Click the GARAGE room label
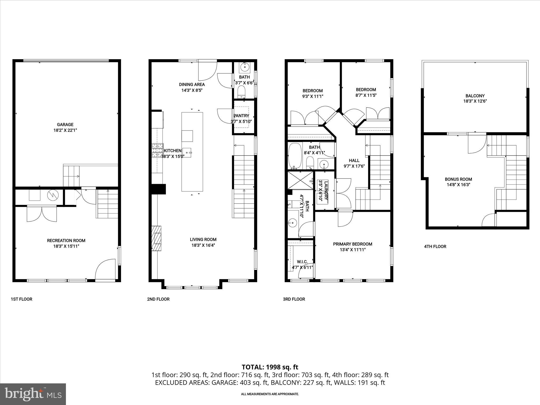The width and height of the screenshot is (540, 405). (x=65, y=124)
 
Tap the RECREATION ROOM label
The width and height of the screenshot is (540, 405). (x=66, y=240)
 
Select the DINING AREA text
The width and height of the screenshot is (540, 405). (x=192, y=84)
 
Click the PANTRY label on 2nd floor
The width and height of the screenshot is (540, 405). (x=241, y=116)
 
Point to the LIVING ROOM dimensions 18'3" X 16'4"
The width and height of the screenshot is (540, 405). (x=203, y=245)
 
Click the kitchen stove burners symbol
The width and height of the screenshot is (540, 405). (x=157, y=150)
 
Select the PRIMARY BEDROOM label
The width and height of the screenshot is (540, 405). (x=353, y=244)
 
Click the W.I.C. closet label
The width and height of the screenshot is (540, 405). (x=302, y=262)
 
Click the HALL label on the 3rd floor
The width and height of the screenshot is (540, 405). (x=354, y=160)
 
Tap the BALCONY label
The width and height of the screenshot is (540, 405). (x=475, y=96)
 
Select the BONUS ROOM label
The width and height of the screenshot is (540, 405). (x=458, y=179)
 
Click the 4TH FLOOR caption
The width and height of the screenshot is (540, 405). (x=435, y=247)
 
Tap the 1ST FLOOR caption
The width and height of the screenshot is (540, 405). (x=21, y=299)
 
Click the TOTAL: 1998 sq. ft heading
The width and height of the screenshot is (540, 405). (x=270, y=367)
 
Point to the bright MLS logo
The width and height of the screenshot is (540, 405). (x=33, y=394)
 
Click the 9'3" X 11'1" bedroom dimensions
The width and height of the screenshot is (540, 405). (x=312, y=96)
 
